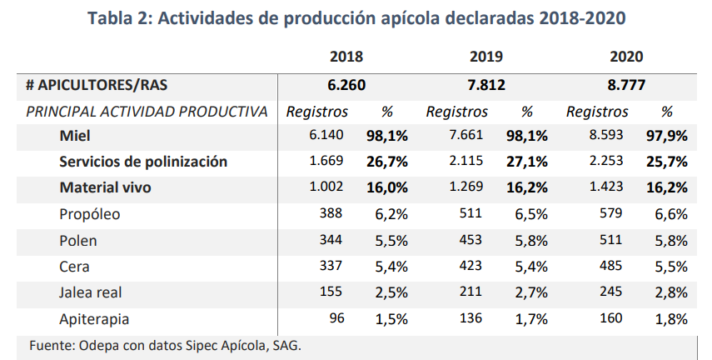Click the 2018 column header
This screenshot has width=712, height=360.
click(346, 57)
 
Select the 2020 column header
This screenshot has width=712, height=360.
click(626, 57)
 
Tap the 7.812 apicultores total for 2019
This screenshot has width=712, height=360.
click(486, 85)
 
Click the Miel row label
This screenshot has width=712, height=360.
click(74, 136)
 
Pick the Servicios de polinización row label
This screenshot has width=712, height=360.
click(143, 162)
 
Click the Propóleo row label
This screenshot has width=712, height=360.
click(90, 214)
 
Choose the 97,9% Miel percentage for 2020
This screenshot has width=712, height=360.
click(666, 136)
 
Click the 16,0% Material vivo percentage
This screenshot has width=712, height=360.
click(387, 188)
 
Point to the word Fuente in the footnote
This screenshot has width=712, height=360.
click(50, 345)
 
